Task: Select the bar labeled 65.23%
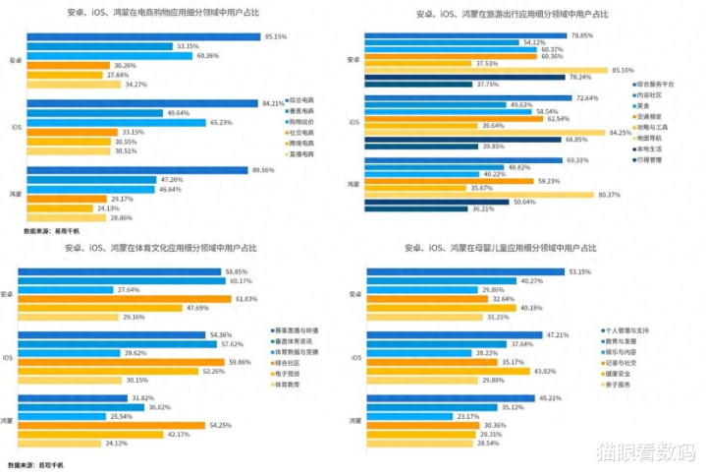(117, 122)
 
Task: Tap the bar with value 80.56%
(136, 170)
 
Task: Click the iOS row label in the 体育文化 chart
(8, 357)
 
